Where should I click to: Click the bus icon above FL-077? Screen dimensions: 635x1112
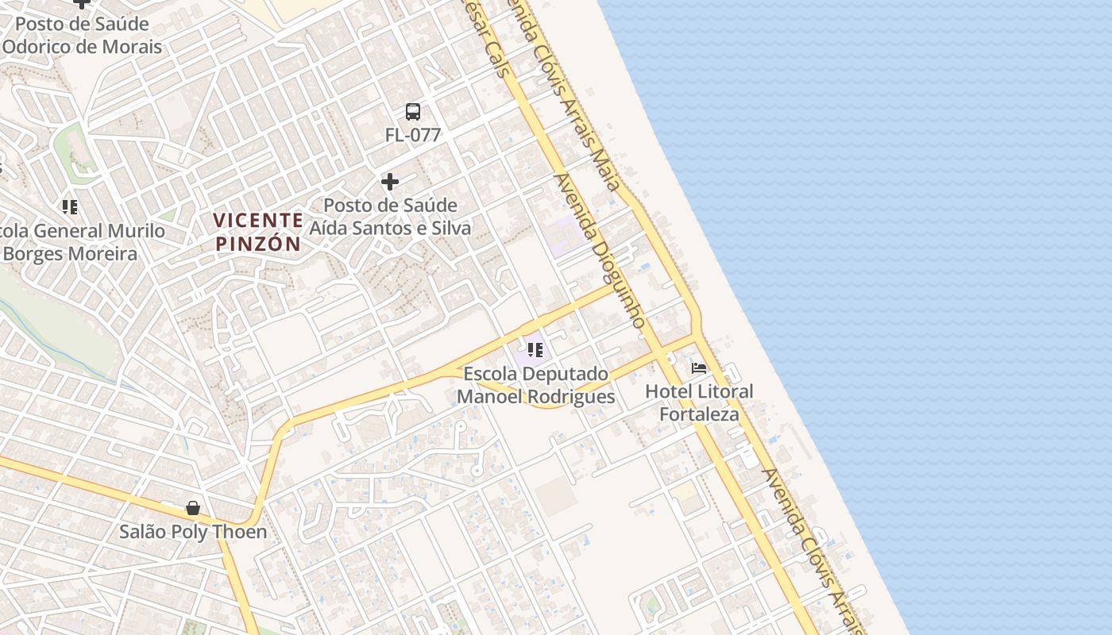[x=413, y=112]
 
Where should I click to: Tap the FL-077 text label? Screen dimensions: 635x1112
[x=413, y=135]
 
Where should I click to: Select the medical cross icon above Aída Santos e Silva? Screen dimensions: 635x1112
[x=389, y=182]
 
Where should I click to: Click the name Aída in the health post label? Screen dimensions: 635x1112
[x=332, y=229]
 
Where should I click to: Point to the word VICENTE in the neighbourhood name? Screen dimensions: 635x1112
[x=259, y=220]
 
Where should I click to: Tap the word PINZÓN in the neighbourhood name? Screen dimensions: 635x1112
[x=259, y=244]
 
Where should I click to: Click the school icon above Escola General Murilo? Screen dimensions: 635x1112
[x=70, y=207]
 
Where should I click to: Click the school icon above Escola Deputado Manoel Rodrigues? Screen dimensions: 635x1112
[x=535, y=349]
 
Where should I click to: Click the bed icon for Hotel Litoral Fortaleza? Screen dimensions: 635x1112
[x=699, y=368]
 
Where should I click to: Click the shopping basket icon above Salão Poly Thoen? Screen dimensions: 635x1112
[x=192, y=508]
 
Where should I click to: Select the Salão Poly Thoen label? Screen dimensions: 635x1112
[x=193, y=532]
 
